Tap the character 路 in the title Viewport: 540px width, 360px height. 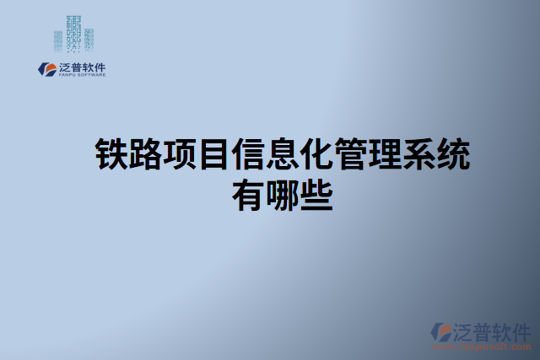(x=144, y=154)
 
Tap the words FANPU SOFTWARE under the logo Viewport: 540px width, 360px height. (x=83, y=75)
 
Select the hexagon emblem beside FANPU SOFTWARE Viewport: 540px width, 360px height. (x=46, y=69)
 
